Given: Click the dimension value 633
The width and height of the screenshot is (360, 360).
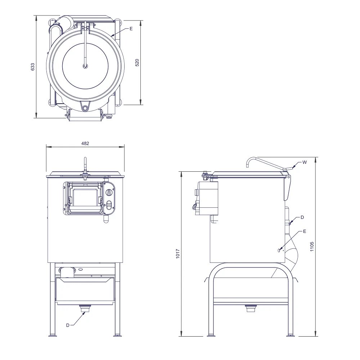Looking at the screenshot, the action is click(33, 67).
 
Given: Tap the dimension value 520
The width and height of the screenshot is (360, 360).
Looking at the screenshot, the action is click(137, 63).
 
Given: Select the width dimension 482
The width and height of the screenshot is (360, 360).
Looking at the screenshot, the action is click(85, 144).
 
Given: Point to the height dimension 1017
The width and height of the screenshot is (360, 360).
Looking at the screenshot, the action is click(178, 254).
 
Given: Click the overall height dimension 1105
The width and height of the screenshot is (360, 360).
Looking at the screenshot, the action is click(312, 247).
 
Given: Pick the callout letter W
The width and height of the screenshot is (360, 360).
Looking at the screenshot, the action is click(305, 162).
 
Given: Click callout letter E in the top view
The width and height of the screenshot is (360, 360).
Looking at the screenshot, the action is click(131, 29).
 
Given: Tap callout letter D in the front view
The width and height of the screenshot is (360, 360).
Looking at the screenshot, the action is click(68, 325).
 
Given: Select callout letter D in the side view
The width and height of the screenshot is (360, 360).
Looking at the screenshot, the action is click(302, 217).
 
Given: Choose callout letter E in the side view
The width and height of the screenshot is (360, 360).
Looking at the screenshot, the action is click(305, 231).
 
